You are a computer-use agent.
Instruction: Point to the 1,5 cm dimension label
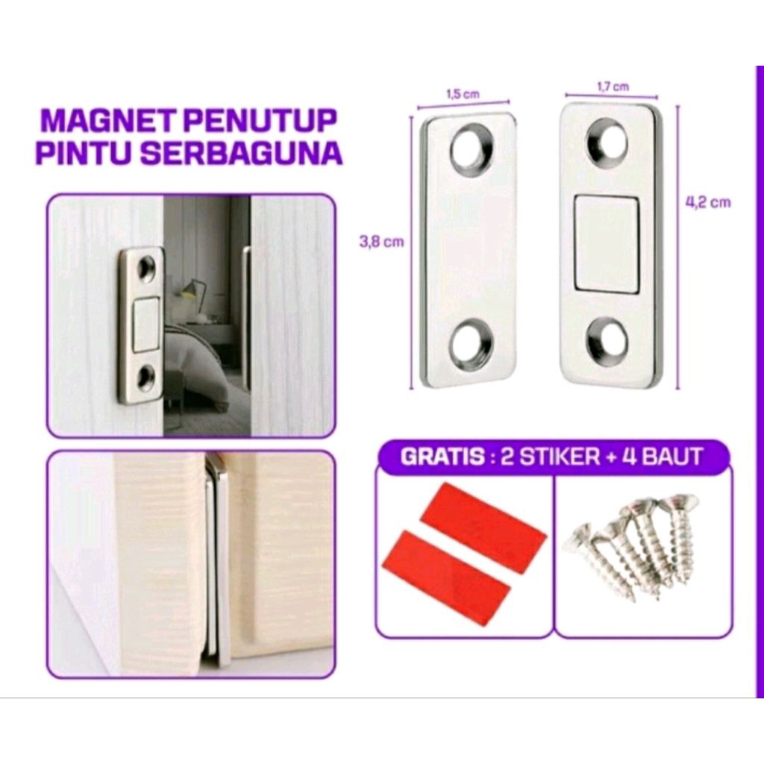462,94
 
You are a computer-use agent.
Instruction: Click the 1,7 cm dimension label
612,87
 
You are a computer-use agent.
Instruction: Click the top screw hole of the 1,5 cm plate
471,147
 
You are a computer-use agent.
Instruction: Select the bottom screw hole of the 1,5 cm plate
470,344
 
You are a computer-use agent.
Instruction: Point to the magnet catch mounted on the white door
141,325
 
